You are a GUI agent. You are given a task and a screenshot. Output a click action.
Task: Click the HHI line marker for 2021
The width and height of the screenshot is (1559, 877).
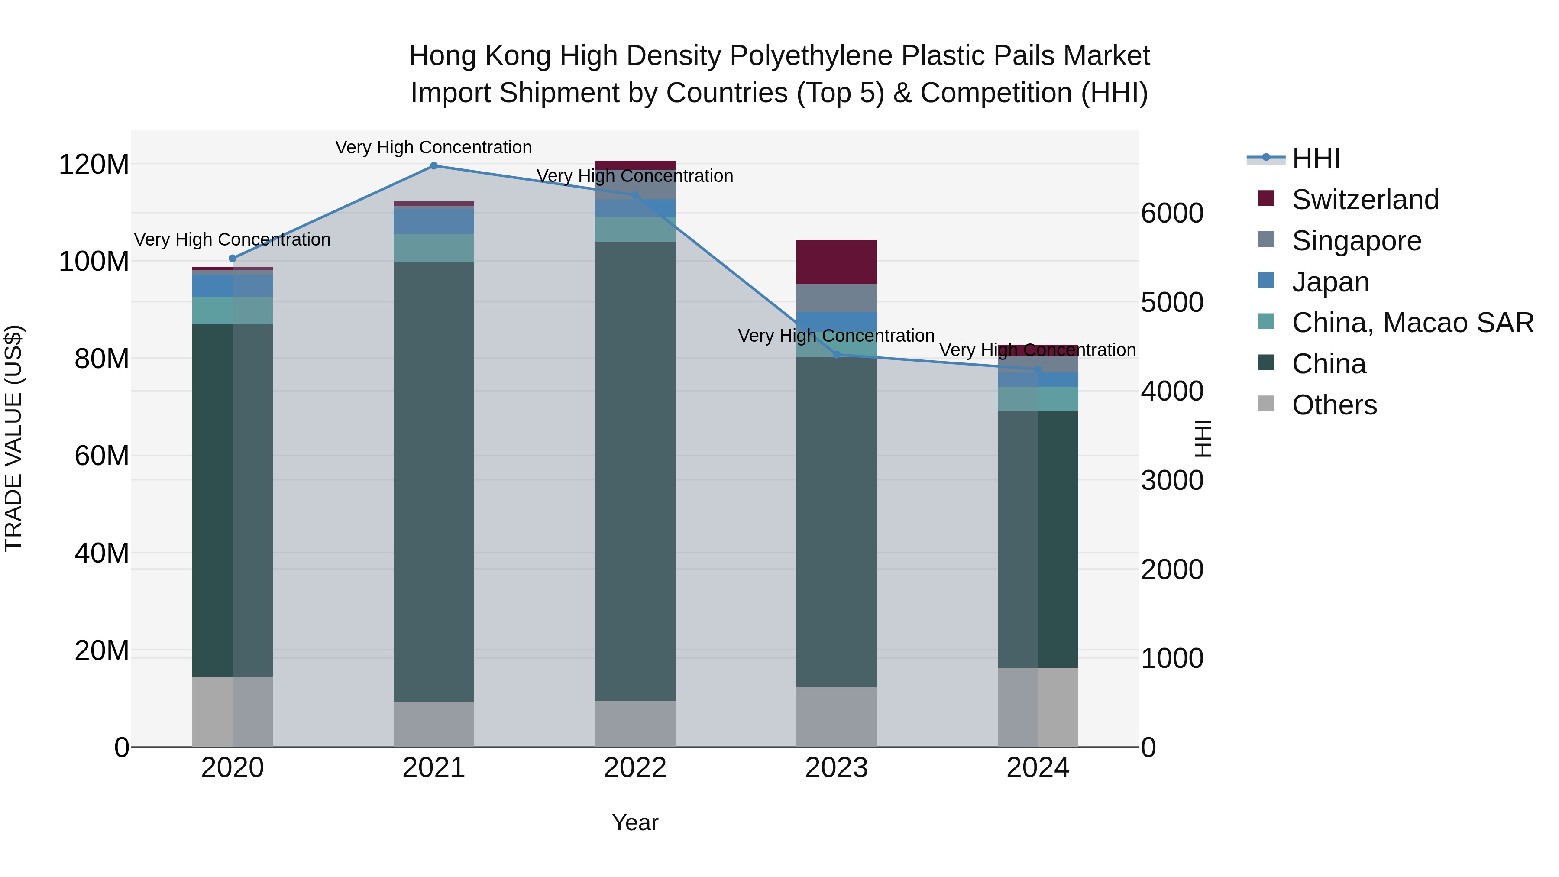[x=433, y=166]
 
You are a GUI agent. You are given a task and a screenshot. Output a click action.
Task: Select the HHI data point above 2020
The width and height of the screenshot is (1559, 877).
[x=233, y=259]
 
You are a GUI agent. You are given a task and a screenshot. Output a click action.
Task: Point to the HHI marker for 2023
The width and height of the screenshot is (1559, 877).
[x=836, y=355]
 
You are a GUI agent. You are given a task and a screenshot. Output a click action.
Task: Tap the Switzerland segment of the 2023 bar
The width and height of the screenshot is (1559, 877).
[x=836, y=262]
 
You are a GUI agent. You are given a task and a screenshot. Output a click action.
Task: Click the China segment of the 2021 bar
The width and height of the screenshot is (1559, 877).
[x=433, y=481]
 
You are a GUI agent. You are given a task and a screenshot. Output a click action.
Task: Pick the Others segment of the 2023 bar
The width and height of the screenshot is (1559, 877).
[x=836, y=717]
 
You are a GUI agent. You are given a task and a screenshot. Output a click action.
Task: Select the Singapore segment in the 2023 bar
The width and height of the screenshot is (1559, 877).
[x=836, y=298]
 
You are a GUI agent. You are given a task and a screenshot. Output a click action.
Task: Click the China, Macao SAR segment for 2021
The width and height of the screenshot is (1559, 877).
[x=433, y=248]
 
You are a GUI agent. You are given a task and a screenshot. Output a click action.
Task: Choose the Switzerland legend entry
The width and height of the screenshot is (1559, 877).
[x=1365, y=200]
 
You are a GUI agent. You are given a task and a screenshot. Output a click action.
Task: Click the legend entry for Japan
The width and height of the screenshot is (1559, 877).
[x=1330, y=282]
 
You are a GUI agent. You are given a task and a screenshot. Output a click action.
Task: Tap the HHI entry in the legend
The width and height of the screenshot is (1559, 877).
[x=1316, y=159]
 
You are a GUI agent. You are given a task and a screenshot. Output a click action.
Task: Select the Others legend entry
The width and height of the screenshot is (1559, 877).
[x=1334, y=405]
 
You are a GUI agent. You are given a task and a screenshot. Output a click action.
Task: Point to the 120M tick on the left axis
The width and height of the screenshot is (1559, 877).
[x=94, y=165]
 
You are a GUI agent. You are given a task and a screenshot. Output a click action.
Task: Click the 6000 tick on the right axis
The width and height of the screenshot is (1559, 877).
[x=1172, y=214]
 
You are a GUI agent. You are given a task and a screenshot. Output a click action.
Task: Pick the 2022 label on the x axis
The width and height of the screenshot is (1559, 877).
[x=635, y=768]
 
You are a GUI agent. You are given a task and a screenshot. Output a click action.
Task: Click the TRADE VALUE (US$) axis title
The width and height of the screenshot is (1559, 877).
[x=13, y=438]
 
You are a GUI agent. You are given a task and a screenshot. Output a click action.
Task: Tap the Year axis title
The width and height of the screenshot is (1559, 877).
[x=635, y=822]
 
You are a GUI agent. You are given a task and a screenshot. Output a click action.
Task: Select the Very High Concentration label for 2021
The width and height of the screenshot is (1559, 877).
[x=433, y=147]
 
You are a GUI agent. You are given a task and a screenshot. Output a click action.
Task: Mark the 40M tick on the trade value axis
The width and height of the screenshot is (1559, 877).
[x=102, y=553]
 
